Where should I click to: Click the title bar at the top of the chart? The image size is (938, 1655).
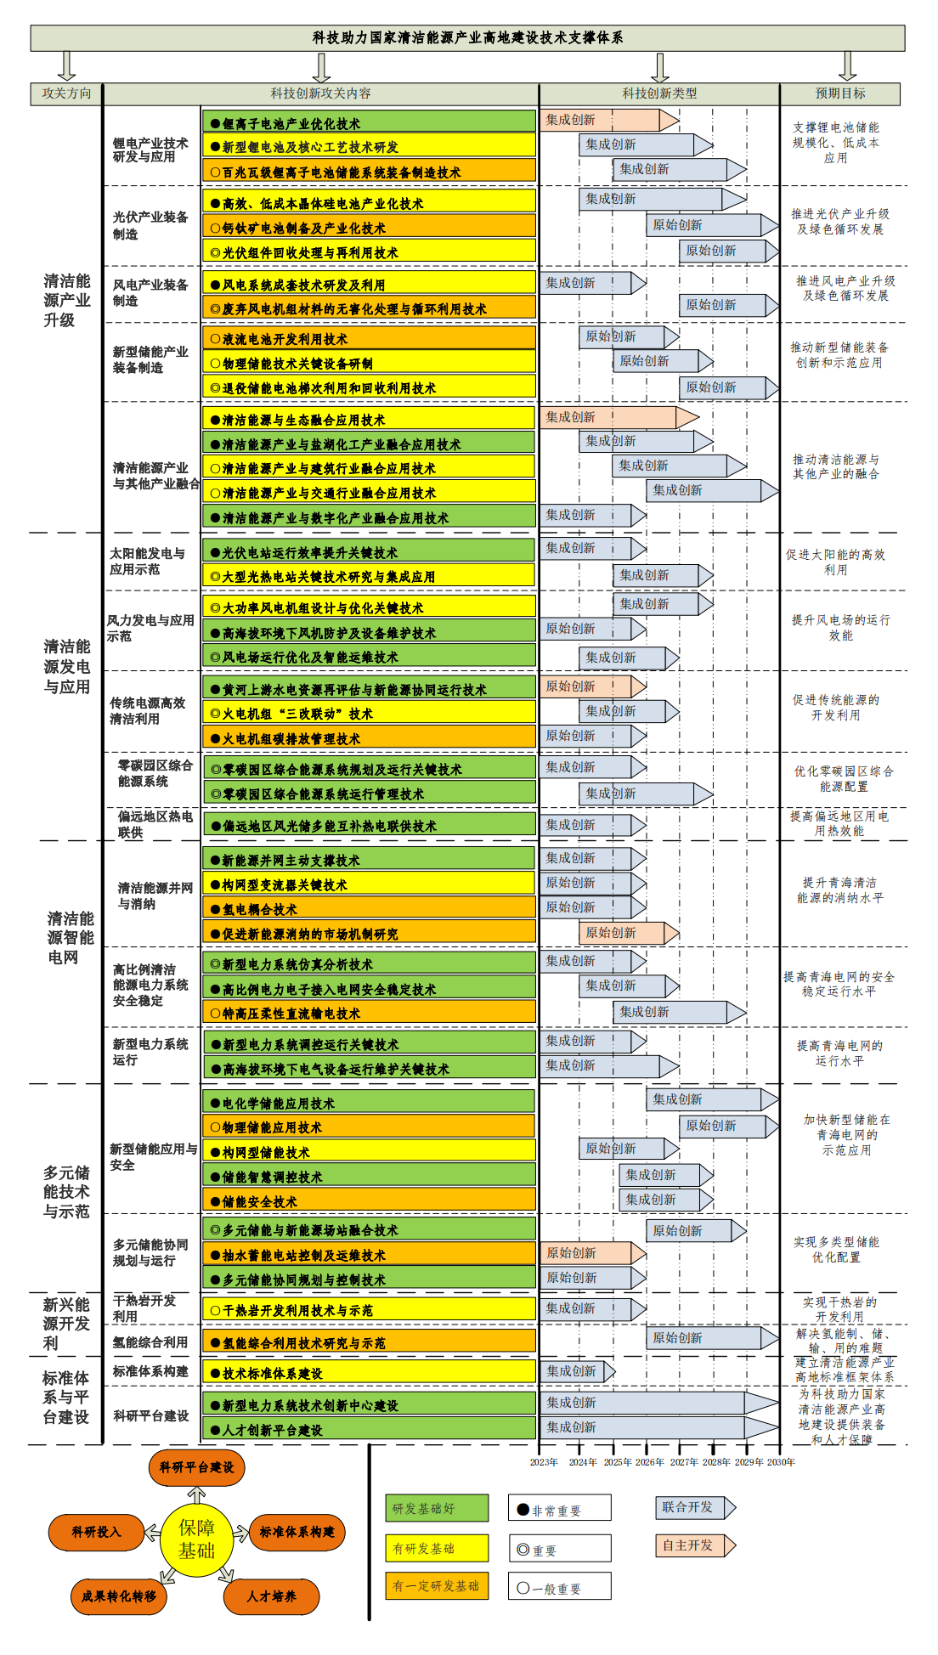click(467, 37)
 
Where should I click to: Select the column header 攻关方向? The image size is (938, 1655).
click(66, 93)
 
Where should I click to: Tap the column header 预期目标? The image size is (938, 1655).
click(839, 93)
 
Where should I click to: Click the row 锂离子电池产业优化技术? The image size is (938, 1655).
click(369, 123)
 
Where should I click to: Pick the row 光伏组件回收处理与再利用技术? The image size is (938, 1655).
click(369, 252)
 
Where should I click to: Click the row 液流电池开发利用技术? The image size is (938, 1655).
click(369, 339)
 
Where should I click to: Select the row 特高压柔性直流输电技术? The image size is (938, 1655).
click(369, 1013)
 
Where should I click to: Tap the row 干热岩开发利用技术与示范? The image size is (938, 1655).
click(369, 1310)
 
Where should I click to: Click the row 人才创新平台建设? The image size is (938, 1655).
click(369, 1430)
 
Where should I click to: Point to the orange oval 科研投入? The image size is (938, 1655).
click(96, 1532)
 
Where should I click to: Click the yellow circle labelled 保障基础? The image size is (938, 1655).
click(196, 1539)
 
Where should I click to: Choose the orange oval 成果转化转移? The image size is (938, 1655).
click(119, 1596)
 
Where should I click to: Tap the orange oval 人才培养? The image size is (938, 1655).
click(271, 1596)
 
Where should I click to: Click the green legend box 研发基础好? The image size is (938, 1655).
click(437, 1508)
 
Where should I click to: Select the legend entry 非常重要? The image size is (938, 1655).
click(559, 1510)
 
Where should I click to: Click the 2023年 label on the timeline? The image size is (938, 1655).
click(544, 1462)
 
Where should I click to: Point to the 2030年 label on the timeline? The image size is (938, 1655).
click(781, 1462)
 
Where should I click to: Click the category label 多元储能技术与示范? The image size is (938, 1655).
click(66, 1192)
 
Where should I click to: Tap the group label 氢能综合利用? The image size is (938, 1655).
click(150, 1342)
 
